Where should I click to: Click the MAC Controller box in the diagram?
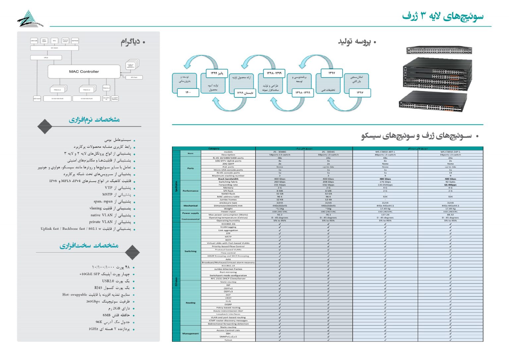click(x=84, y=72)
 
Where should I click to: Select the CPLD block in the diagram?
click(x=46, y=58)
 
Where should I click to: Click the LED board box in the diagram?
click(x=37, y=98)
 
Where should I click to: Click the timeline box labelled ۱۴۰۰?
click(x=188, y=92)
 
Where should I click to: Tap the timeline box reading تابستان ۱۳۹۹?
click(x=245, y=93)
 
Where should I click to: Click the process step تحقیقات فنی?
click(x=328, y=90)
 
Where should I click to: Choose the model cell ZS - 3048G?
click(x=280, y=152)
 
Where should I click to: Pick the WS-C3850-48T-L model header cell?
click(x=385, y=152)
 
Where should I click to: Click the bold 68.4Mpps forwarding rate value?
click(x=450, y=185)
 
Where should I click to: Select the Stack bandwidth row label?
click(x=228, y=179)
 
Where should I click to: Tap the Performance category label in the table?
click(x=191, y=191)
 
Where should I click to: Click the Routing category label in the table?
click(x=191, y=303)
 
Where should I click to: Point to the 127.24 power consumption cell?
click(x=385, y=215)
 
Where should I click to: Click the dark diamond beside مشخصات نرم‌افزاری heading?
click(x=45, y=126)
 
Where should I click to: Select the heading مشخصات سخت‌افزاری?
click(x=89, y=246)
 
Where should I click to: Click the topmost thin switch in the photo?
click(x=439, y=50)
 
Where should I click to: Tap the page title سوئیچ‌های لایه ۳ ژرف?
click(x=443, y=16)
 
